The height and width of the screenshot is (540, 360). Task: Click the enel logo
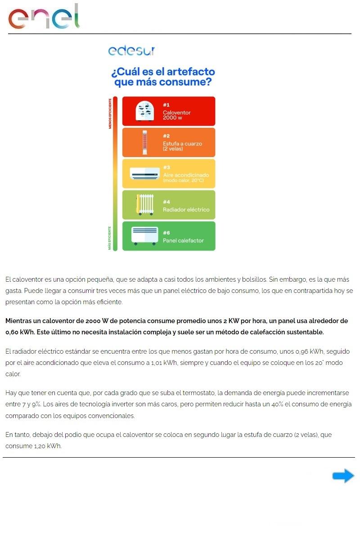coord(44,17)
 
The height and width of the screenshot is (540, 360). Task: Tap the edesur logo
coord(131,50)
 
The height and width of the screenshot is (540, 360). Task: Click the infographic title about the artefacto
coord(163,77)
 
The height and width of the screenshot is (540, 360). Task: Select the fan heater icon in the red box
coord(144,111)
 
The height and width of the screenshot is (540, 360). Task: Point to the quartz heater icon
coord(144,143)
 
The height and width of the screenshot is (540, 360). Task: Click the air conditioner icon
coord(144,174)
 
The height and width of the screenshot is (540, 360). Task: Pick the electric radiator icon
coord(144,205)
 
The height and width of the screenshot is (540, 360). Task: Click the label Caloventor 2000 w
coord(177,115)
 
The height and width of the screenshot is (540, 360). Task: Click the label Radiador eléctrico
coord(186,209)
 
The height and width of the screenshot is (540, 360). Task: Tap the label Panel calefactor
coord(183,240)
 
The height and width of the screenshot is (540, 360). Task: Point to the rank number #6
coord(166,233)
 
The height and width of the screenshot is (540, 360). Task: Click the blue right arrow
coord(343,476)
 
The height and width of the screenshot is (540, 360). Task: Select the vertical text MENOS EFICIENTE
coord(109,112)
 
